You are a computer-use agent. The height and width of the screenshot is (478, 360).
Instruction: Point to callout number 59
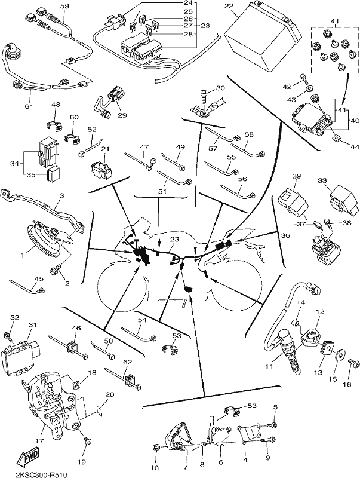tap(65, 6)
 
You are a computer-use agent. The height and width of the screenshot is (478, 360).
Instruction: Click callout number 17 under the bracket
tap(39, 441)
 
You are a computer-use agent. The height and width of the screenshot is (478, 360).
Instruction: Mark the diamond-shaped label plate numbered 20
tap(99, 410)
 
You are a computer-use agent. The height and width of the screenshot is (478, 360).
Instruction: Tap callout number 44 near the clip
tap(355, 147)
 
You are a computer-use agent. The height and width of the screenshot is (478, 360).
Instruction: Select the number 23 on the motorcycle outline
tap(174, 240)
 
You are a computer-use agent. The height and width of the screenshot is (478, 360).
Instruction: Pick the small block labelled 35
tap(53, 174)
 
